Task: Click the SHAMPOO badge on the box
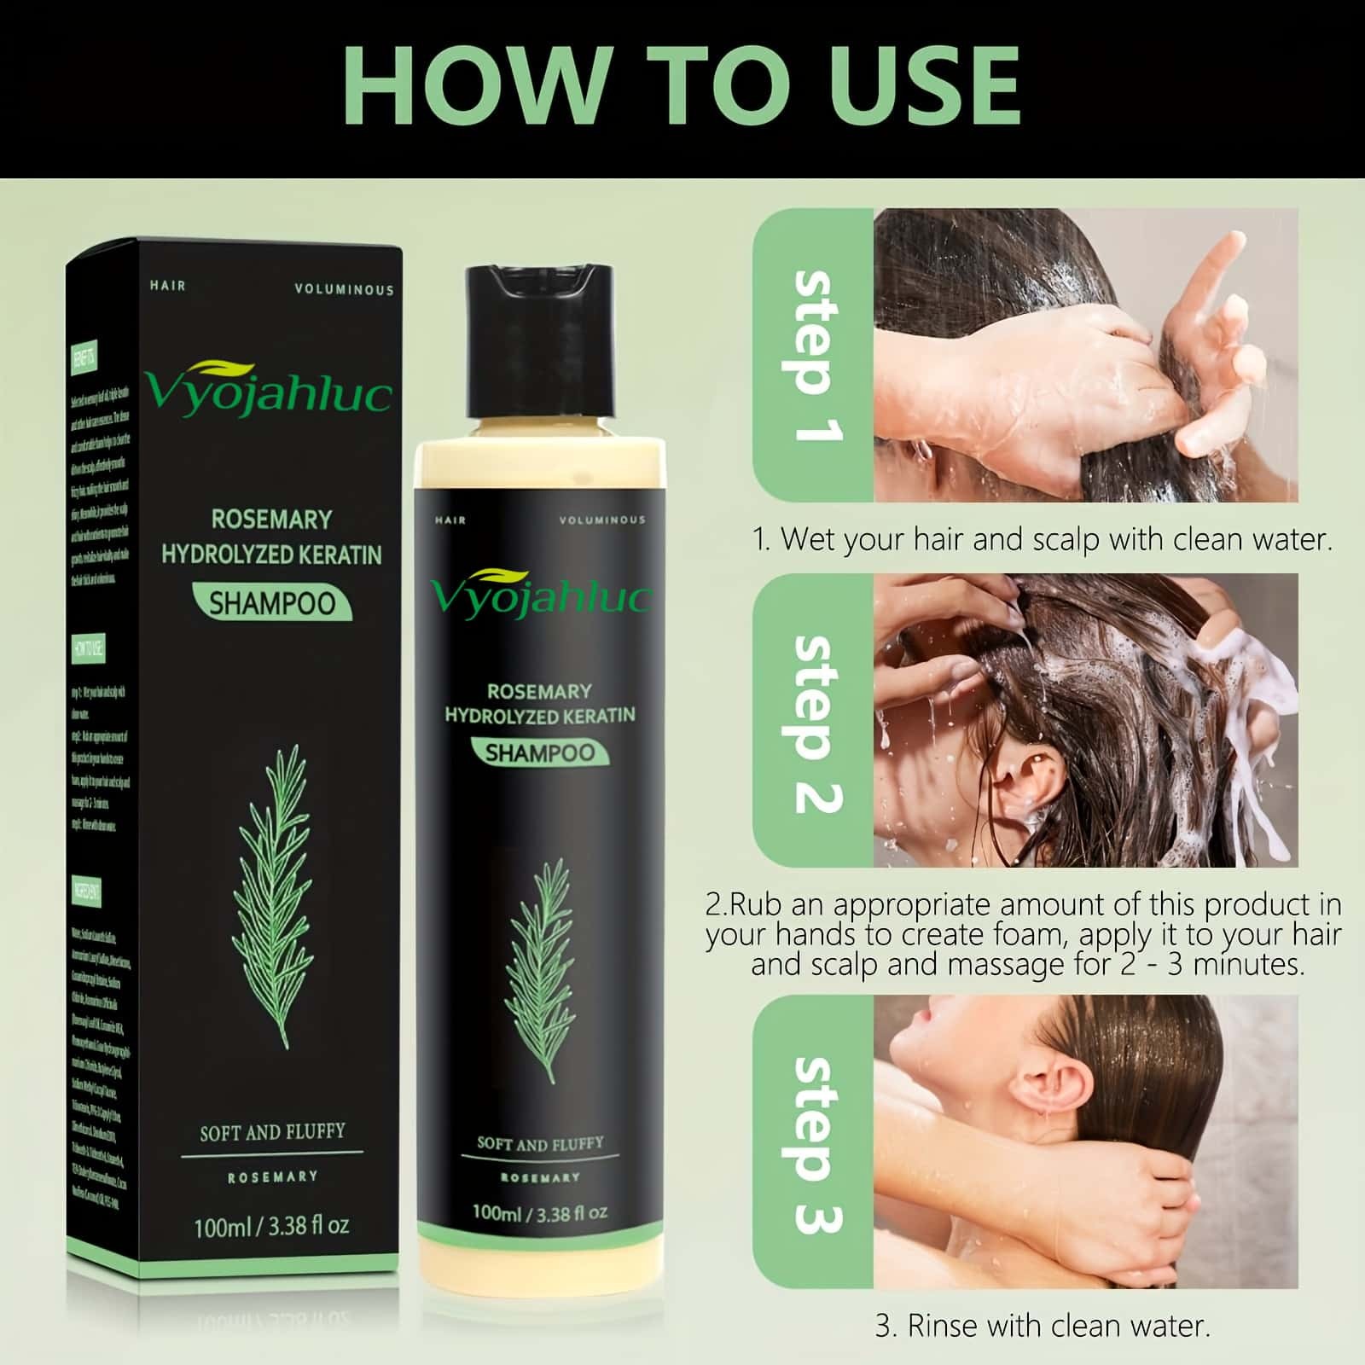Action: click(272, 603)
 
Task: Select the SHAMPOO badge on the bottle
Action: click(540, 752)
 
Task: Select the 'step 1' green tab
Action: click(812, 355)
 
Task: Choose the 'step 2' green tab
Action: click(812, 722)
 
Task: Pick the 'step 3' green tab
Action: click(812, 1143)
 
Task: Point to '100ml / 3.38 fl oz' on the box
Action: click(271, 1226)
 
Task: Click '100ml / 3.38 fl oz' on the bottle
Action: click(540, 1212)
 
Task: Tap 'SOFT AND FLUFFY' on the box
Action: click(272, 1133)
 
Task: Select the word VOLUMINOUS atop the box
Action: click(344, 290)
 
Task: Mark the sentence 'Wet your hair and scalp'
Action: click(1043, 539)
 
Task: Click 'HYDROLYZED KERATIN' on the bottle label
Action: click(540, 715)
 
